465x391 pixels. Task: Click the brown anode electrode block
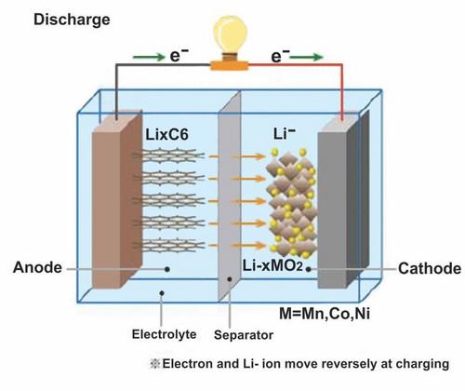coord(113,205)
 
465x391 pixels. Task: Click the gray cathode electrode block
coord(339,205)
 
